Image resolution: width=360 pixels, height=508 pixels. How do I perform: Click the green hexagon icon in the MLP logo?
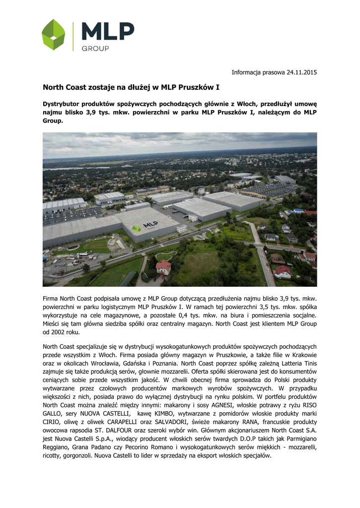[x=53, y=35]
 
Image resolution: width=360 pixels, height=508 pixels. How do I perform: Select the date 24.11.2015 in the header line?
[x=302, y=72]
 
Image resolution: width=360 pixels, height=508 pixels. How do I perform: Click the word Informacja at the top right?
[x=249, y=72]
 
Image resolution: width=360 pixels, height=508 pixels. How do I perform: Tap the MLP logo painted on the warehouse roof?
[x=144, y=226]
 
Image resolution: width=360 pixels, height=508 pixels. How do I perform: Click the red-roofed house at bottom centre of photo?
[x=163, y=267]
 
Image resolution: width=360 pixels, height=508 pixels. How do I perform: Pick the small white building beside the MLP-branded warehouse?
[x=182, y=229]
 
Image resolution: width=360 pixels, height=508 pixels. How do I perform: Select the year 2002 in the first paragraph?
[x=60, y=332]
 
